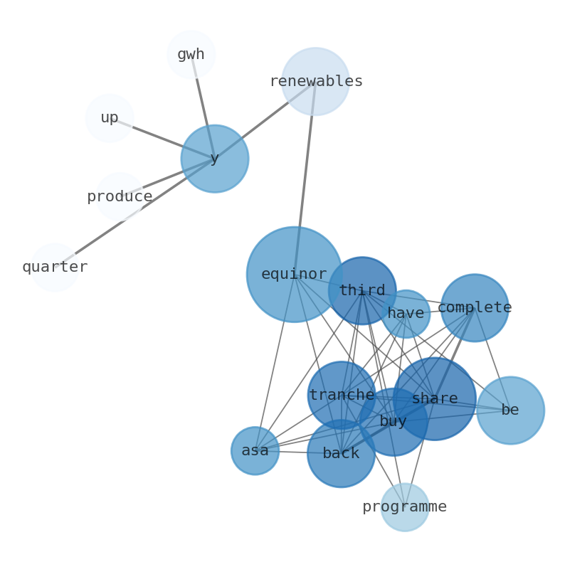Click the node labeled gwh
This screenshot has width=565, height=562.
point(191,54)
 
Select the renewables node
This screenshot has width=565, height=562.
point(315,81)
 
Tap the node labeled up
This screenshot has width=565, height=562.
point(109,118)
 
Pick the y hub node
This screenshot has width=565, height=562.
point(214,159)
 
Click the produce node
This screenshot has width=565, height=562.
point(120,197)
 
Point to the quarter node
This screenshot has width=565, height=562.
point(54,267)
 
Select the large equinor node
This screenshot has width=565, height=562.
point(294,274)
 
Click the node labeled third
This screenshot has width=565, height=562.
point(362,290)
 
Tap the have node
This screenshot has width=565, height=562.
point(406,313)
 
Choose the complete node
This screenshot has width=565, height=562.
point(475,307)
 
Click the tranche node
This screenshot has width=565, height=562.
point(342,395)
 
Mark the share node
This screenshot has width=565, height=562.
point(435,398)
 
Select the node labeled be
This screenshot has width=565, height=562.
point(510,410)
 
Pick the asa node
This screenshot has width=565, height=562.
point(255,450)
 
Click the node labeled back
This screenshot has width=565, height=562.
point(341,453)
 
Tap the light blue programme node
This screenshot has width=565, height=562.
point(404,507)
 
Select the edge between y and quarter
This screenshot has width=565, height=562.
point(135,213)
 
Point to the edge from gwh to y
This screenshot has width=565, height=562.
point(203,107)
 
